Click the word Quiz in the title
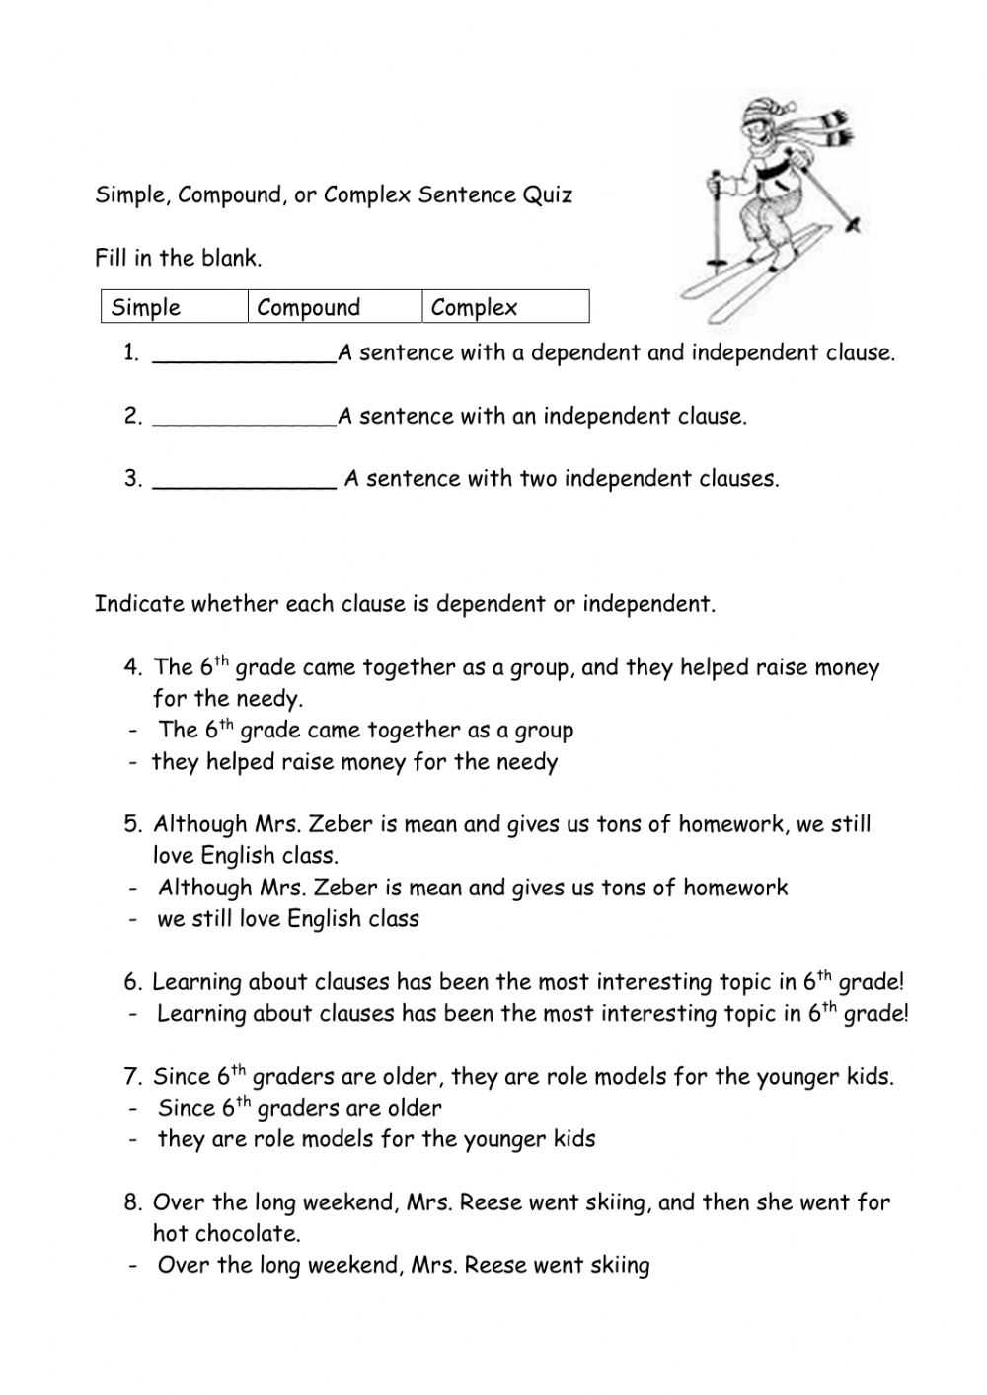[548, 194]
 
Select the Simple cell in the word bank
[146, 307]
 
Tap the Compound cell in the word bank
[308, 307]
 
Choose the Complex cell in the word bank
[474, 307]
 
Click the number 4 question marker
[133, 667]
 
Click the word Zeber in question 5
[346, 824]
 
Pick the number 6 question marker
[133, 982]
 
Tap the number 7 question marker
[133, 1076]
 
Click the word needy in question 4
[268, 699]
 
